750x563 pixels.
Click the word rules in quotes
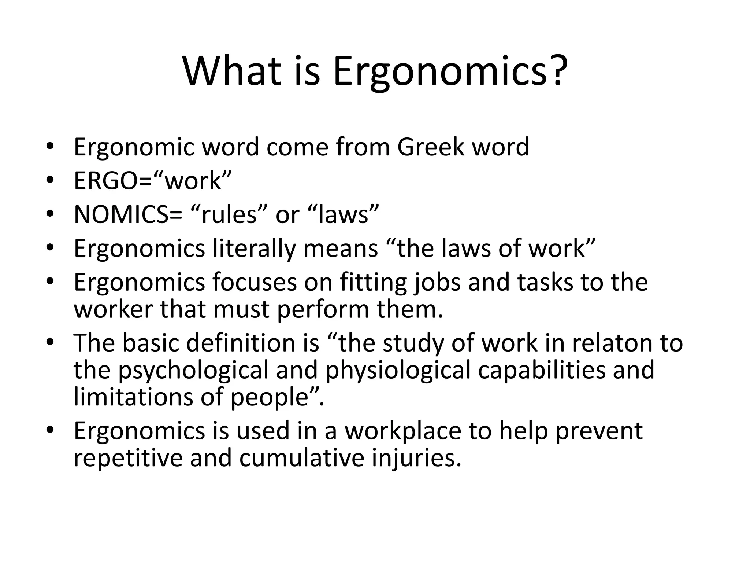point(229,214)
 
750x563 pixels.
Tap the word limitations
point(133,397)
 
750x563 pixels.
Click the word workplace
point(403,431)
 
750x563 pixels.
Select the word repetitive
point(128,458)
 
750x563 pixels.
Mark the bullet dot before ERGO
point(50,181)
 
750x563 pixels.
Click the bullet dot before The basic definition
point(50,343)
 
